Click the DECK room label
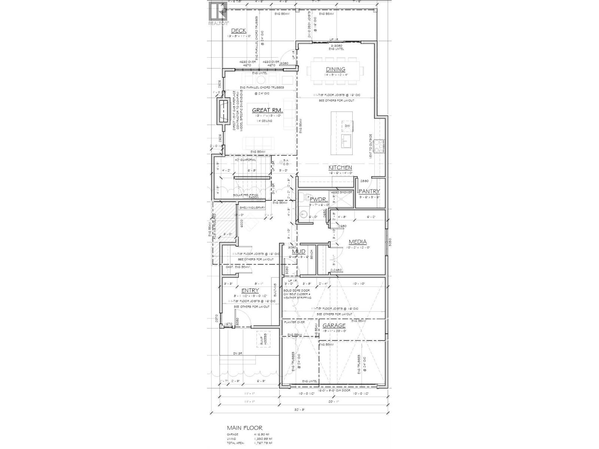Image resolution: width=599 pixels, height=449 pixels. (x=238, y=31)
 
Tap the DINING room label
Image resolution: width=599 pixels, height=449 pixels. (x=335, y=69)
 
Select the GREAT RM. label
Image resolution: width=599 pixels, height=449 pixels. (x=267, y=110)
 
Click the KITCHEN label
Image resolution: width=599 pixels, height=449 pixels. (x=340, y=168)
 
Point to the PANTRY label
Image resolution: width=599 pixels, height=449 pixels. (x=369, y=191)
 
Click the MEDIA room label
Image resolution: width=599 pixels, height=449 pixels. (x=358, y=242)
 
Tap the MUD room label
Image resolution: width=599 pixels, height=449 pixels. (x=299, y=251)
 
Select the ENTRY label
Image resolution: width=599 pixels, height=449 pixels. (x=250, y=290)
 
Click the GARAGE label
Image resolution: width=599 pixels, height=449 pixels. (x=334, y=326)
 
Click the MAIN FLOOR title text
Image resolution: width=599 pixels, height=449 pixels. (x=244, y=428)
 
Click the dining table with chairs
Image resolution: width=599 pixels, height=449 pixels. (x=335, y=70)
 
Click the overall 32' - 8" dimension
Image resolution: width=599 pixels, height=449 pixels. (x=299, y=410)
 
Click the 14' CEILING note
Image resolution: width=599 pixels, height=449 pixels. (x=264, y=121)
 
